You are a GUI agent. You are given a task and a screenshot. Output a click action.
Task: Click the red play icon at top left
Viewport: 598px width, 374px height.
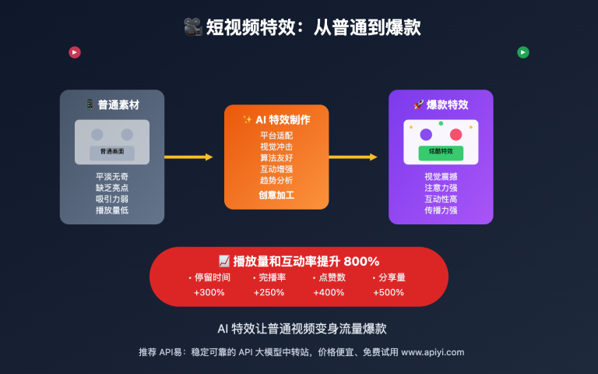(x=75, y=52)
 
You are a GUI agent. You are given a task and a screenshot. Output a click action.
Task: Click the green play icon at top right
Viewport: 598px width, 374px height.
(x=523, y=52)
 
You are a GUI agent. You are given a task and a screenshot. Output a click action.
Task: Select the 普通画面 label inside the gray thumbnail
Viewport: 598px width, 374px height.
(x=112, y=151)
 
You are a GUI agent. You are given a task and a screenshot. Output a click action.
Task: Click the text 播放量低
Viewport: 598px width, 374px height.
(x=112, y=210)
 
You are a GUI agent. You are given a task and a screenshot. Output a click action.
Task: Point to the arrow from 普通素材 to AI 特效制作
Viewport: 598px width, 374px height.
(x=188, y=157)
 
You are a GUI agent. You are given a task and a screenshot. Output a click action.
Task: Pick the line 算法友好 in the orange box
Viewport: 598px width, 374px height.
(x=276, y=157)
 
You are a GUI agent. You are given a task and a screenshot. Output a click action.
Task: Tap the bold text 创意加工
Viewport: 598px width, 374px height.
(x=276, y=195)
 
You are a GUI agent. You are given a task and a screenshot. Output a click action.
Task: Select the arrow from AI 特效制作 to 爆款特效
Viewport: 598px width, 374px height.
(x=353, y=157)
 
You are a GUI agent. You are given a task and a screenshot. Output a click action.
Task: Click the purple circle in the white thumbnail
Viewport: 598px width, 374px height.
(x=426, y=134)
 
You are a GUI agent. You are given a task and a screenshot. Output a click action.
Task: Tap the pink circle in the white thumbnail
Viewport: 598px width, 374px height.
(x=456, y=134)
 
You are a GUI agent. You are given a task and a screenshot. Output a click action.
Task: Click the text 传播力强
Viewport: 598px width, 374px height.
(x=441, y=210)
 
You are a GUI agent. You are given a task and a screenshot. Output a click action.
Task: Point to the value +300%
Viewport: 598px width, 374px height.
(x=209, y=292)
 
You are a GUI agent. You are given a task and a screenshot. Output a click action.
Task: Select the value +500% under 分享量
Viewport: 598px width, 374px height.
(x=389, y=292)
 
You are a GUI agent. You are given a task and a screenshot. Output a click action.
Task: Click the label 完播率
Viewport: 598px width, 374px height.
(x=272, y=277)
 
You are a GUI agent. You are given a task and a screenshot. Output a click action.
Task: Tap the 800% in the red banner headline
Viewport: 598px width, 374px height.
(x=361, y=261)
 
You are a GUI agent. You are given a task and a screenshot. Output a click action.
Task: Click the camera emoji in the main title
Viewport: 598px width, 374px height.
(x=192, y=27)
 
